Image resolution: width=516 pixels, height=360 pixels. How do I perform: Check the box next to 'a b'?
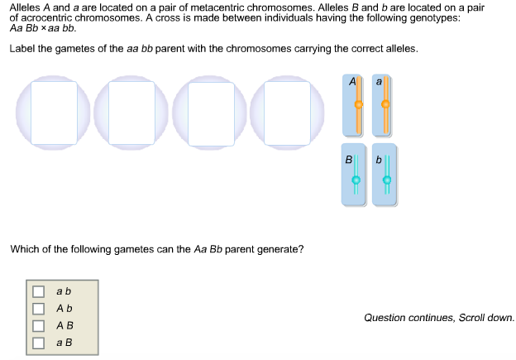[38, 291]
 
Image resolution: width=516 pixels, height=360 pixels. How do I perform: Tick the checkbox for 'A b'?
[38, 308]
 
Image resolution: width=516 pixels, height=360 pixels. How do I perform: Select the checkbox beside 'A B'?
[38, 324]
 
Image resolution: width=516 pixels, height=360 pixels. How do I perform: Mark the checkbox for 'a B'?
[38, 341]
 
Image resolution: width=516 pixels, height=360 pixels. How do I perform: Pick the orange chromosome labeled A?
[356, 105]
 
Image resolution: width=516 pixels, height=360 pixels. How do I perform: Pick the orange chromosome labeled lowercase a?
[384, 105]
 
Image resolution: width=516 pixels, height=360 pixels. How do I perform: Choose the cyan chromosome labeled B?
[356, 175]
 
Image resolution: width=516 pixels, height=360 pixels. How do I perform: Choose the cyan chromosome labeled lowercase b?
[385, 175]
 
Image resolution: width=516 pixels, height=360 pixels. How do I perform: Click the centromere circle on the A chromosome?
[358, 105]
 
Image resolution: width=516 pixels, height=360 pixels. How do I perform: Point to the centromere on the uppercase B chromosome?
[356, 180]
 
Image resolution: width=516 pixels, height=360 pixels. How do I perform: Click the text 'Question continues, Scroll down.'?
[438, 317]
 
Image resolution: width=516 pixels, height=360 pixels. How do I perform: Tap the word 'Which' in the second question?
[24, 248]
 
